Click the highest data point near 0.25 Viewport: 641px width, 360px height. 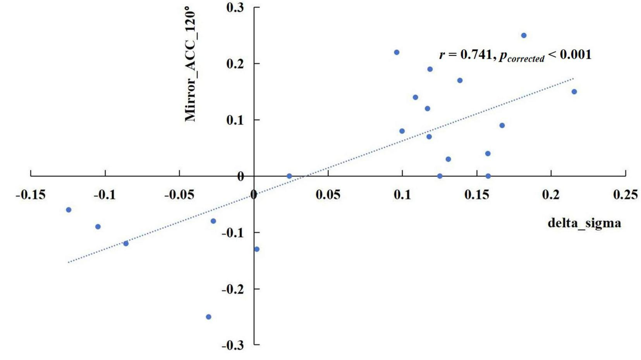524,35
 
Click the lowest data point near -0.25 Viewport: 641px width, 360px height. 208,317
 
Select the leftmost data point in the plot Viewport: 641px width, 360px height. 69,210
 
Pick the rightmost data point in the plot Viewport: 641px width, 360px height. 574,92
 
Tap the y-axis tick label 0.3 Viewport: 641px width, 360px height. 235,7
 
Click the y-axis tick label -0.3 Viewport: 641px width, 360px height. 232,345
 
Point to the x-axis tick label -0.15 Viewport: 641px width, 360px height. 31,194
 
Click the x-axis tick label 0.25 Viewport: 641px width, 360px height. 625,194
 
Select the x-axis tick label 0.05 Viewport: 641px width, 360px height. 328,194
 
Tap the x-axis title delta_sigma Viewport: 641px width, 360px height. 584,223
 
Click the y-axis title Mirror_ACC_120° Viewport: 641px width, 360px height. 190,64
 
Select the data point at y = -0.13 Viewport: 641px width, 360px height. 257,249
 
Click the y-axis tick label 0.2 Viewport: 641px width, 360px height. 235,63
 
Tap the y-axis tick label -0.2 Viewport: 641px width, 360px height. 232,289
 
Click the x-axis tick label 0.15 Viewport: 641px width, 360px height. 476,194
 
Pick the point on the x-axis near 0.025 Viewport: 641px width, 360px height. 289,176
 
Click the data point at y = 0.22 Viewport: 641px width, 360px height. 397,52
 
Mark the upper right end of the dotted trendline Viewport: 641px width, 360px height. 573,78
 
